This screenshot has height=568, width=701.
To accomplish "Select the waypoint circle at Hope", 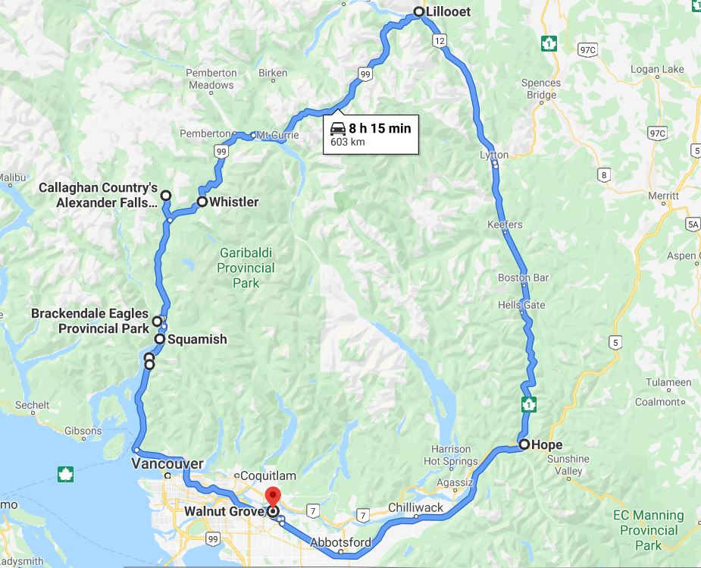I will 524,444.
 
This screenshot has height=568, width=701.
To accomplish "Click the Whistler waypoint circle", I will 202,202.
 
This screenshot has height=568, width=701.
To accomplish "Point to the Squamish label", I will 197,339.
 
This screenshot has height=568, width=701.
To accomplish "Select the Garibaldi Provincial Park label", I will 246,268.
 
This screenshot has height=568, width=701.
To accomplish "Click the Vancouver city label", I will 167,463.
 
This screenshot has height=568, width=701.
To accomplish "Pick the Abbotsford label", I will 341,542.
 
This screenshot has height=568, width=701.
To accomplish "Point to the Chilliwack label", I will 415,507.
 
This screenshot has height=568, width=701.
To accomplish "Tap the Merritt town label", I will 663,195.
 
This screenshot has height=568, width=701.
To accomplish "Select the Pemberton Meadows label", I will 211,79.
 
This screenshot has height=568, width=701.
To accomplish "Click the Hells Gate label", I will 521,305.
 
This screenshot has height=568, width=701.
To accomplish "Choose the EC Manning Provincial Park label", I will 648,530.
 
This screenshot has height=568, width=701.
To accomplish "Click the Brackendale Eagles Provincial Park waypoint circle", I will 158,321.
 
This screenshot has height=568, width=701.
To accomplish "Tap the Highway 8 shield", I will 603,175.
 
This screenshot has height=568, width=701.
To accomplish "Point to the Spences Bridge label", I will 541,89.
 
